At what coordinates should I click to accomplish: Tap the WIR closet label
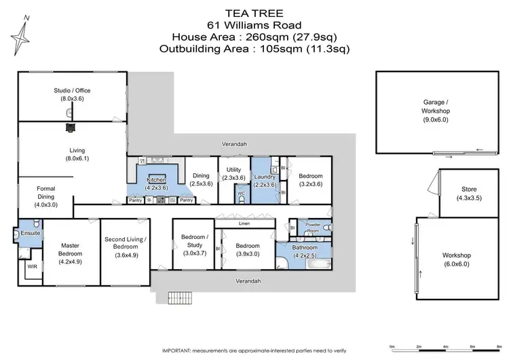point(31,267)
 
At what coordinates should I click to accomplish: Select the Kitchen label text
point(157,179)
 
